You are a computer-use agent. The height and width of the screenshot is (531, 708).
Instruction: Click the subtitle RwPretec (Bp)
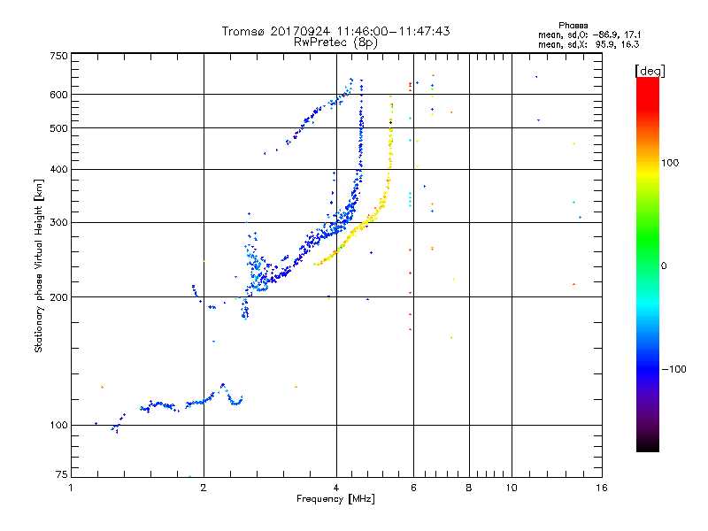click(336, 42)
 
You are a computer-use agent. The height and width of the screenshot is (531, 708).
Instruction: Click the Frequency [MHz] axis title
click(337, 499)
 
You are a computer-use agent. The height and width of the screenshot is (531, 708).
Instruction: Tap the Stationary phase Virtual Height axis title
click(39, 266)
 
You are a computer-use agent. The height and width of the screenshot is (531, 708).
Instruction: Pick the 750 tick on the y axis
click(58, 55)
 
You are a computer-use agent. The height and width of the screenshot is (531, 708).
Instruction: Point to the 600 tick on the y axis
click(58, 95)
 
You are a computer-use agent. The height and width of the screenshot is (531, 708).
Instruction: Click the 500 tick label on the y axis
click(58, 128)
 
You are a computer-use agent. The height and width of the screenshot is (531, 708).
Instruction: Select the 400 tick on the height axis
click(58, 170)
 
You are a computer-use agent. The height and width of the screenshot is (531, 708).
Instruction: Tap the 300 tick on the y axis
click(58, 223)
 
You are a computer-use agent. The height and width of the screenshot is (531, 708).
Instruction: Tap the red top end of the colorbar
click(648, 81)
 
